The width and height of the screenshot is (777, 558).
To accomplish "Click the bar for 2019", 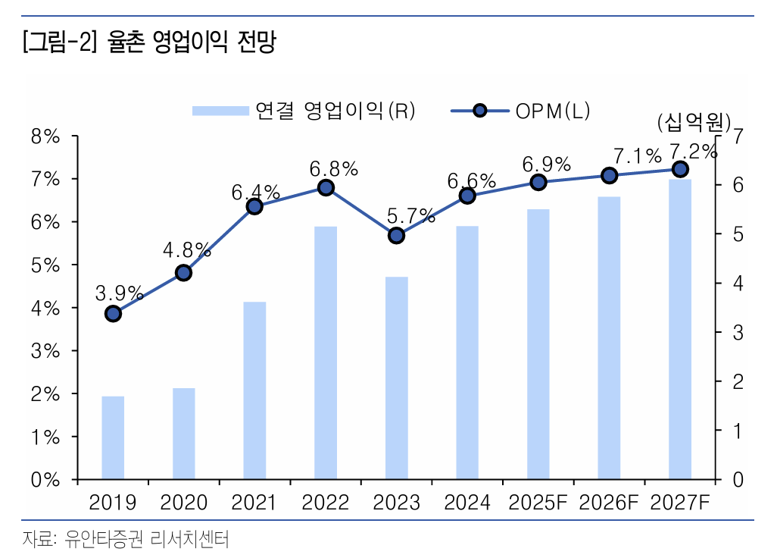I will [x=113, y=437].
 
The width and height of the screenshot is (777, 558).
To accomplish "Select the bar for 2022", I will [x=326, y=353].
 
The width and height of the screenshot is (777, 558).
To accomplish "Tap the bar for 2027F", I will [x=679, y=329].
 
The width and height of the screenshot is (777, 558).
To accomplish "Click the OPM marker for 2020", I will [x=183, y=273].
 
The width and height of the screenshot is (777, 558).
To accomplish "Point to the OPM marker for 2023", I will [x=396, y=235].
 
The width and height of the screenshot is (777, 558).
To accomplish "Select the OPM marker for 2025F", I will [x=538, y=182].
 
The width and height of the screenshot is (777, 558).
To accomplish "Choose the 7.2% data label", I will [x=692, y=152].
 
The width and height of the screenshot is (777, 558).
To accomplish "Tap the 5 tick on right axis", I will [x=737, y=234].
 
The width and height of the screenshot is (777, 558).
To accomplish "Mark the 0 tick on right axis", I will [x=737, y=480].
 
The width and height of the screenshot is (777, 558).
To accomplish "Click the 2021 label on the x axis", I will [x=254, y=503].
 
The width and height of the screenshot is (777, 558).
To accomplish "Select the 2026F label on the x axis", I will [x=609, y=503].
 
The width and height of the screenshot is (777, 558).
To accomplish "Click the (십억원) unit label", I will [x=692, y=121].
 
